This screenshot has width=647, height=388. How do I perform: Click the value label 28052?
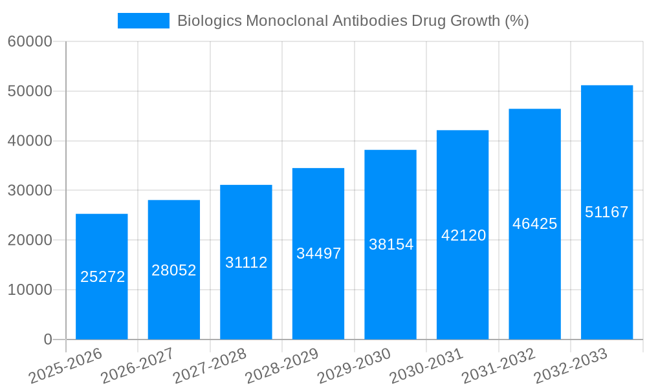click(174, 270)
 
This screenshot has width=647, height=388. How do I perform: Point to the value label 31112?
click(246, 263)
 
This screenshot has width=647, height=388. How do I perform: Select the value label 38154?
click(391, 244)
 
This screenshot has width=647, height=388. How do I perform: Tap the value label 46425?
click(535, 224)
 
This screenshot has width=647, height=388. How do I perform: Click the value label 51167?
click(607, 212)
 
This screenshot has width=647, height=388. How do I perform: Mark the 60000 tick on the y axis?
click(30, 42)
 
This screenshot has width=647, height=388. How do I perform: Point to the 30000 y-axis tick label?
click(30, 191)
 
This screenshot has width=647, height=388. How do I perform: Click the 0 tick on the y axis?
click(47, 339)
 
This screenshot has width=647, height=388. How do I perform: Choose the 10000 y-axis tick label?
click(30, 290)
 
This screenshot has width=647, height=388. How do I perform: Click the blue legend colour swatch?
click(143, 21)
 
